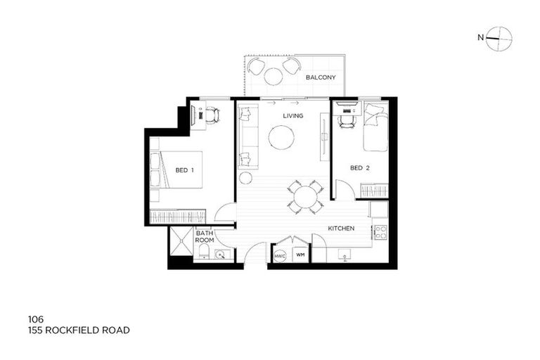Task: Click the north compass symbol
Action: coord(500,39)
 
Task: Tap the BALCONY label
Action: coord(321,77)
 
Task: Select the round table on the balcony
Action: coord(274,76)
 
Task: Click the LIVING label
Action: coord(292,116)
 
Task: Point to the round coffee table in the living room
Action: coord(282,138)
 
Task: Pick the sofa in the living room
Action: coord(247,137)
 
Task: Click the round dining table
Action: coord(305,197)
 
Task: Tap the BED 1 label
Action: coord(185,170)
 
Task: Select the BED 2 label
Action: coord(360,168)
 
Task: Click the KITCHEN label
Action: coord(341,229)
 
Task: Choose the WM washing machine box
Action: coord(300,255)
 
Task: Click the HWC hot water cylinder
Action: coord(280,256)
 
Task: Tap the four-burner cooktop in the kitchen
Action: coord(380,232)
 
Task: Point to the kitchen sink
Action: coord(344,255)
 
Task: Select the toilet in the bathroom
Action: coord(204,251)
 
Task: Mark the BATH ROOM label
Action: coord(205,236)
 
